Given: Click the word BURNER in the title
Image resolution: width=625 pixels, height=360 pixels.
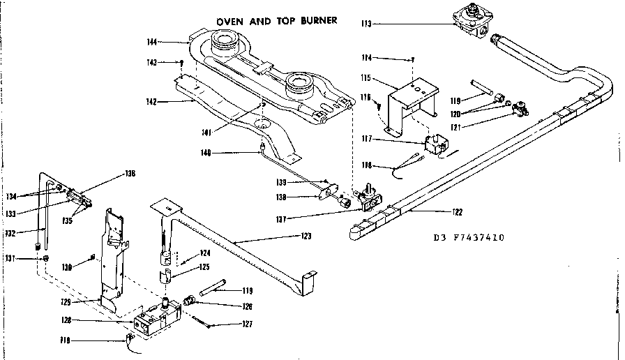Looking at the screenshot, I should pyautogui.click(x=316, y=20).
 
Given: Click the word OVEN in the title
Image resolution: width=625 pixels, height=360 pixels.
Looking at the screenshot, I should pyautogui.click(x=229, y=20).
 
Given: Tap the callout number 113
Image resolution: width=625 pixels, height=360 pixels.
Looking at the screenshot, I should pyautogui.click(x=367, y=24).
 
